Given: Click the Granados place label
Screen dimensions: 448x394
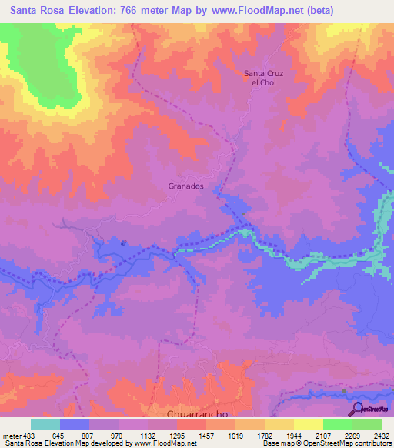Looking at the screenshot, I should tap(185, 186).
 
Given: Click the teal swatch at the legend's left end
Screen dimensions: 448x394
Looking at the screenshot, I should tap(45, 425).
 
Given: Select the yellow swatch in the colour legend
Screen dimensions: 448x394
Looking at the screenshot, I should tap(308, 425).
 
